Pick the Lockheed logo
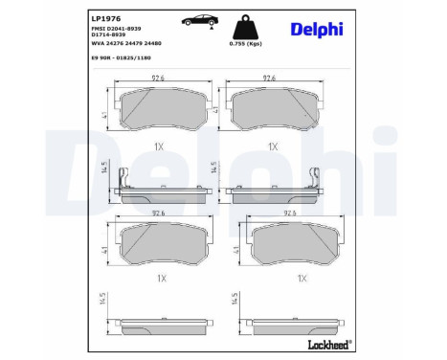click(x=324, y=343)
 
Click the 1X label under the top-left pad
click(x=158, y=146)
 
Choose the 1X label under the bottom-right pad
click(x=302, y=279)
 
